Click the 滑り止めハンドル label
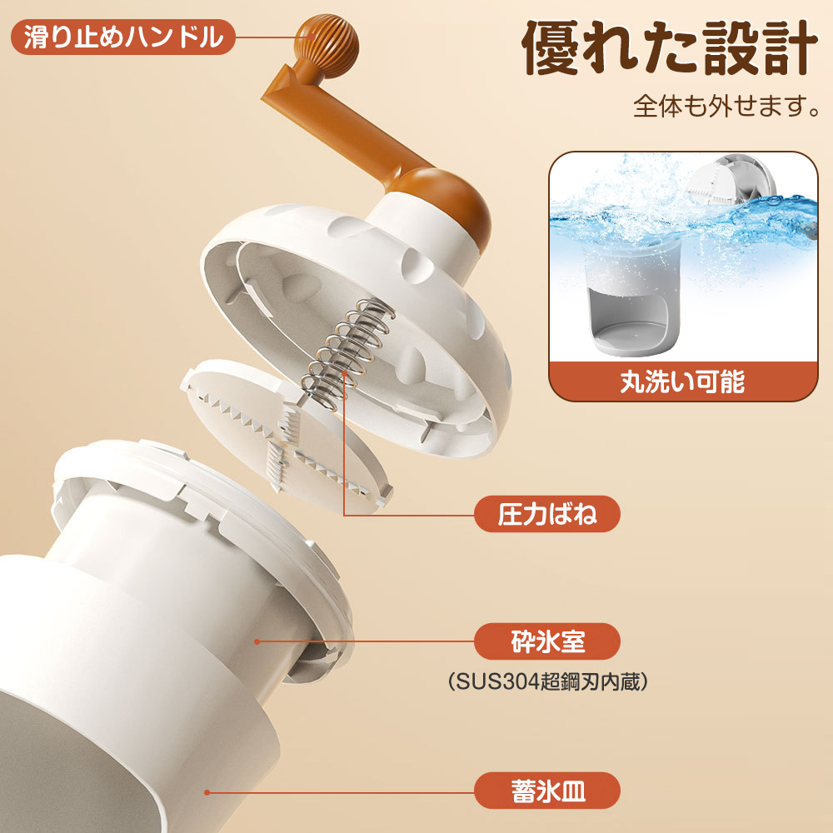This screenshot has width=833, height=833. [122, 37]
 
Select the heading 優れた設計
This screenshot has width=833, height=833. [666, 49]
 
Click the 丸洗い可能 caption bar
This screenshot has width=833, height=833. [681, 381]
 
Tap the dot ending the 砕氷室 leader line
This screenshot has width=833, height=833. [257, 642]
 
